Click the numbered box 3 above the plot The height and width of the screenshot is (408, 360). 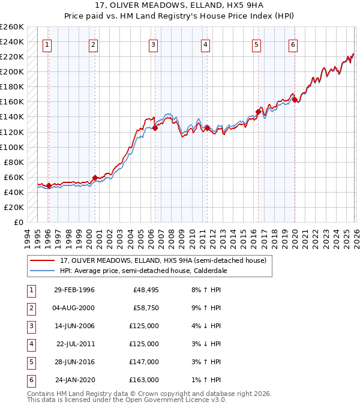[x=154, y=44]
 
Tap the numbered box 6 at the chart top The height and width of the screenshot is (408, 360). [x=293, y=44]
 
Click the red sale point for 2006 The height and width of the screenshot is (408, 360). [x=155, y=128]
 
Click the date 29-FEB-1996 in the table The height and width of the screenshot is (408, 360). [x=74, y=290]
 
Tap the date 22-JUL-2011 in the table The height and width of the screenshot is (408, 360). [x=75, y=344]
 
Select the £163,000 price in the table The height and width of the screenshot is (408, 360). [x=144, y=380]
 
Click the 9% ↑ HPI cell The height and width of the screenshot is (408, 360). [x=206, y=308]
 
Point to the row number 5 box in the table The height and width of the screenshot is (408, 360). [x=29, y=362]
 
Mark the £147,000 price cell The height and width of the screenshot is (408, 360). [x=144, y=362]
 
